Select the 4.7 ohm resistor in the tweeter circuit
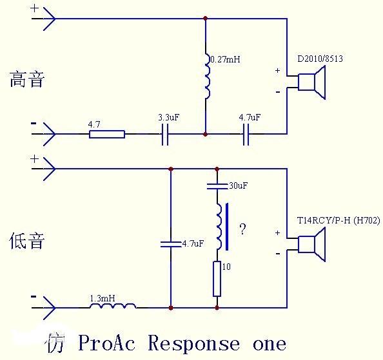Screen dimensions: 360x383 pyautogui.click(x=106, y=134)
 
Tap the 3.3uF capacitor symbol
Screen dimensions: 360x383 pyautogui.click(x=165, y=134)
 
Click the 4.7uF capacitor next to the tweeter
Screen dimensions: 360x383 pyautogui.click(x=246, y=134)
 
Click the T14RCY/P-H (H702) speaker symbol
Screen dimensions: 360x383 pyautogui.click(x=312, y=244)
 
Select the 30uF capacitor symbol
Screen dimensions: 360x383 pyautogui.click(x=217, y=187)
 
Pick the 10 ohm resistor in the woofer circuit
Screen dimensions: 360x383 pyautogui.click(x=217, y=278)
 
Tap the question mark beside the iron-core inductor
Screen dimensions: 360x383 pyautogui.click(x=242, y=230)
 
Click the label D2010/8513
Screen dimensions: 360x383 pyautogui.click(x=320, y=59)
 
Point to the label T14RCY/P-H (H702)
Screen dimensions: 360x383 pyautogui.click(x=339, y=221)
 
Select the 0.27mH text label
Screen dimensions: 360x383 pyautogui.click(x=225, y=60)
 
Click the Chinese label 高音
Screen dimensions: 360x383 pyautogui.click(x=27, y=80)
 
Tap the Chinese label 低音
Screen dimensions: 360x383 pyautogui.click(x=27, y=242)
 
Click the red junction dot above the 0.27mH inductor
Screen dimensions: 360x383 pyautogui.click(x=206, y=18)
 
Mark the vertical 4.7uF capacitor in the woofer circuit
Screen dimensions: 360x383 pyautogui.click(x=171, y=243)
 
